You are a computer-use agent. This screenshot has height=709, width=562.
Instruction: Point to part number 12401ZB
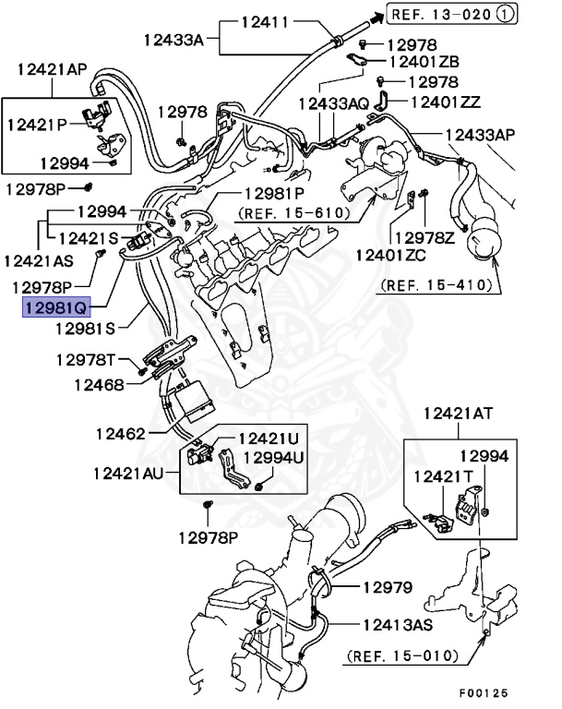pyautogui.click(x=425, y=62)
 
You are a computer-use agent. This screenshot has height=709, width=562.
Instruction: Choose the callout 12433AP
pyautogui.click(x=481, y=134)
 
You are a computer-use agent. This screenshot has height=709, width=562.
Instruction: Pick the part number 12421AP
pyautogui.click(x=52, y=68)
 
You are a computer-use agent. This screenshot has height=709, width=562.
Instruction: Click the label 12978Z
pyautogui.click(x=424, y=237)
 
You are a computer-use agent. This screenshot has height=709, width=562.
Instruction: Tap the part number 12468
pyautogui.click(x=100, y=383)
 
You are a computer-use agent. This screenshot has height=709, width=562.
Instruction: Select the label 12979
pyautogui.click(x=387, y=587)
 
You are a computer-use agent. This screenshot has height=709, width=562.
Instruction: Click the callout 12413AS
pyautogui.click(x=398, y=624)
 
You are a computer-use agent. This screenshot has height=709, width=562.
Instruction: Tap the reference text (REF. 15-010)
pyautogui.click(x=402, y=656)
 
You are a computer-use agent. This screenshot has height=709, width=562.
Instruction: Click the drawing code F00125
pyautogui.click(x=484, y=691)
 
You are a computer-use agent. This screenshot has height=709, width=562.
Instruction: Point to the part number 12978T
pyautogui.click(x=86, y=359)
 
